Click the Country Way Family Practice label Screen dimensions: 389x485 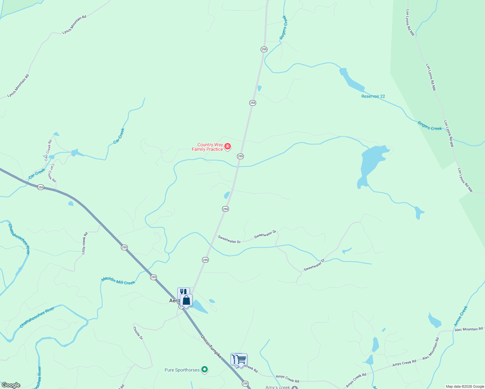coord(207,147)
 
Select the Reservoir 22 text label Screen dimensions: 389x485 coord(373,96)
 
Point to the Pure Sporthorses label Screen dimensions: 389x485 coord(182,370)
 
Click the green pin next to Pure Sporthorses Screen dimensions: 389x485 coord(205,369)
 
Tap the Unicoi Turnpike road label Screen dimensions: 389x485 coord(211,347)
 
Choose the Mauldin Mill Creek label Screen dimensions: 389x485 coord(118,281)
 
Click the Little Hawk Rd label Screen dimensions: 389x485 coord(85,243)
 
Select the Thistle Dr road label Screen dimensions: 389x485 coord(138,333)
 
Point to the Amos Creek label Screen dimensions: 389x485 coord(461,316)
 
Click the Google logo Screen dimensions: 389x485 coord(11,385)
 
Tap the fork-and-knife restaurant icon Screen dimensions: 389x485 coord(183,292)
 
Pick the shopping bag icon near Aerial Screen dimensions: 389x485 coord(186,300)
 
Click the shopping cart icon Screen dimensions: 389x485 coord(241,359)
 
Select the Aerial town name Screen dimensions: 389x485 coord(174,301)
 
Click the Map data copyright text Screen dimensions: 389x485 coord(465,386)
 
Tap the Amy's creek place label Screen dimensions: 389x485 coord(278,387)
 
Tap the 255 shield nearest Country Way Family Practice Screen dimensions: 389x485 coord(240,156)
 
